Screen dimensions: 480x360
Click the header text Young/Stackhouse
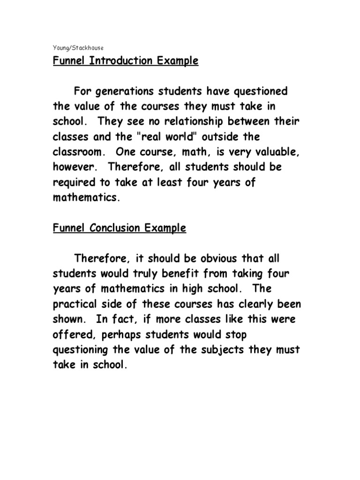pos(78,47)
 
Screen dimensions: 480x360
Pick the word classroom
pos(79,152)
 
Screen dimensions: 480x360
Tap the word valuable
pos(274,152)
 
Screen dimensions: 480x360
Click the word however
pos(73,167)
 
